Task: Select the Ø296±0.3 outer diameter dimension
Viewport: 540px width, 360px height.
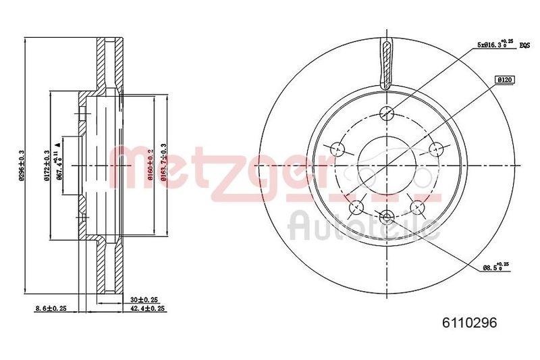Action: click(22, 165)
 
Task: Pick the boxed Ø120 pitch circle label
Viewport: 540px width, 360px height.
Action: click(506, 80)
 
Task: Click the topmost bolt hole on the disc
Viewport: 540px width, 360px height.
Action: click(387, 113)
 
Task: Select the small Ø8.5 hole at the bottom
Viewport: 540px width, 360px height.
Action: click(387, 217)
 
